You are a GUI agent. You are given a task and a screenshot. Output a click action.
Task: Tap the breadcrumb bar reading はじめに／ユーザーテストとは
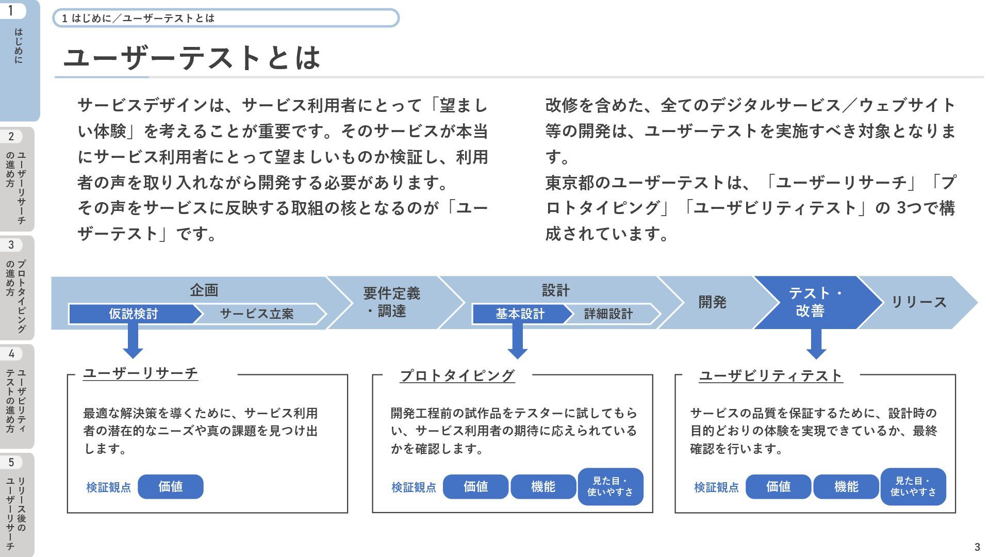tap(226, 18)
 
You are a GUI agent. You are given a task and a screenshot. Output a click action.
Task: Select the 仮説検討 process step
tap(133, 314)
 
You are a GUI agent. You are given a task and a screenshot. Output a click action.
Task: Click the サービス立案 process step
tap(257, 314)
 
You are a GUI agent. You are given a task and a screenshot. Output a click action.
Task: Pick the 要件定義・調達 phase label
tap(392, 302)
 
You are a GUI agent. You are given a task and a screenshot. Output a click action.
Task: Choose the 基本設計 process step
tap(520, 314)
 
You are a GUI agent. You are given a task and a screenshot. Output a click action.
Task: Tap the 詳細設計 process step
tap(608, 314)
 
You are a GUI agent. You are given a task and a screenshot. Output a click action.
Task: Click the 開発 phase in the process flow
tap(712, 302)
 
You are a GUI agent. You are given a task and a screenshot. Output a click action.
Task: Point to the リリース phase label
tap(919, 302)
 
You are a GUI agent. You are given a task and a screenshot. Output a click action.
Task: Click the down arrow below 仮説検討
tap(133, 341)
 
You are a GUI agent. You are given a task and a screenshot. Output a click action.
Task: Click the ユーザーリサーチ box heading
tap(141, 373)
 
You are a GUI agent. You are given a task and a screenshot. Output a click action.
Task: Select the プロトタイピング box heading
tap(457, 375)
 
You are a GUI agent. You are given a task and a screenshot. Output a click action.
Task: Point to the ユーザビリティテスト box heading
tap(771, 375)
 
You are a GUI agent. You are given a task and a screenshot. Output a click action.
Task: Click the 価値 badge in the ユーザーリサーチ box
tap(171, 486)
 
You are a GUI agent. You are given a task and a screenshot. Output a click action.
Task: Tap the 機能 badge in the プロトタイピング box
tap(543, 486)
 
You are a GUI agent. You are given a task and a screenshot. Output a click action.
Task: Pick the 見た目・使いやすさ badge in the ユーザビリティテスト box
tap(913, 486)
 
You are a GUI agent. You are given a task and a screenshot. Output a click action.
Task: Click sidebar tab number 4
tap(17, 396)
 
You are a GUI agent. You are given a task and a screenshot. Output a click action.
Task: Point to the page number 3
tap(977, 547)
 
